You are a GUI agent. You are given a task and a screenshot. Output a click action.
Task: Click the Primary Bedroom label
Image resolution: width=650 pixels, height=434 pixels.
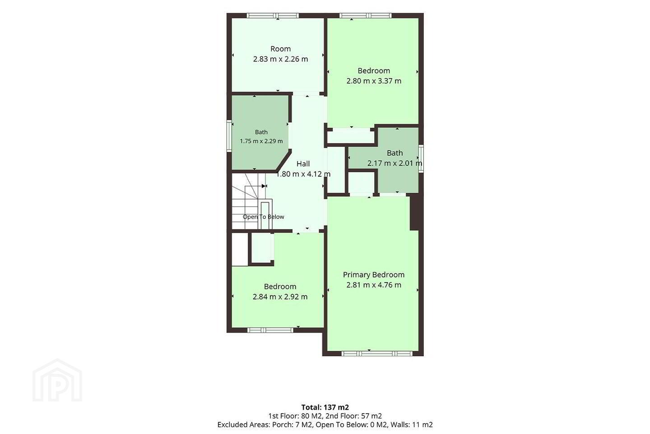373,275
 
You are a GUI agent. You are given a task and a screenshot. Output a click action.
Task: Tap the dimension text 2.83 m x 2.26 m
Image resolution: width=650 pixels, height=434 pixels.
280,59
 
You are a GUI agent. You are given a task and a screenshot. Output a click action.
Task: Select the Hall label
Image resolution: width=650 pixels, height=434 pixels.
303,164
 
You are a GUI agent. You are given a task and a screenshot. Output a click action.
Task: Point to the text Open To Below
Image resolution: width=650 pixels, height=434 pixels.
263,217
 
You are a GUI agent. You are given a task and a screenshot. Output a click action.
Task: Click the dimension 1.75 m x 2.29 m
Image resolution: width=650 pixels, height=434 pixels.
261,141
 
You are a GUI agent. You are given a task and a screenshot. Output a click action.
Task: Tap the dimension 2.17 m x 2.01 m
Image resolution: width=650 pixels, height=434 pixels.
395,163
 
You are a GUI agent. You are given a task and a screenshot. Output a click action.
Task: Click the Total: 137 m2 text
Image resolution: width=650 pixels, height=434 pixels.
325,407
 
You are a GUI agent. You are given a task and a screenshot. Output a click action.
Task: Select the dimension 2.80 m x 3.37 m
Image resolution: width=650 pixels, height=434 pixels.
374,81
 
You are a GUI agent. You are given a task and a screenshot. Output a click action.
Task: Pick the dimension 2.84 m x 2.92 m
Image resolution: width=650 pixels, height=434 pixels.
280,297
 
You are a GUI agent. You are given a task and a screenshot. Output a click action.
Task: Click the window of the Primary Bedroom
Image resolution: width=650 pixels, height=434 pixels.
376,354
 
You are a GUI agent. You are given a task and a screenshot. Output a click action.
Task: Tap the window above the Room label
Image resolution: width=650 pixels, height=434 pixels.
273,16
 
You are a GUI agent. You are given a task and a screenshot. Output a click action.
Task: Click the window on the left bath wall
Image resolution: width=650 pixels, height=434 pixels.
229,137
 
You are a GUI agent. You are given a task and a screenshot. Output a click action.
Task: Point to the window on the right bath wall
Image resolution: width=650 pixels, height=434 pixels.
421,158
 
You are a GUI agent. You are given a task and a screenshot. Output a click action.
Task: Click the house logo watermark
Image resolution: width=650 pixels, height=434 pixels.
57,380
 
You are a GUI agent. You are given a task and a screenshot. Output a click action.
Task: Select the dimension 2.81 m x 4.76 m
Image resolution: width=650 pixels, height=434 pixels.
374,285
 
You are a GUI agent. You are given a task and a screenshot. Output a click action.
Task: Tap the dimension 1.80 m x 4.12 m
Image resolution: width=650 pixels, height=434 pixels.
303,174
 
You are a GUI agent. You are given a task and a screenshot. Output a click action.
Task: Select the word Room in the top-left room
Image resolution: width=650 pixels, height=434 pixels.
280,49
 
